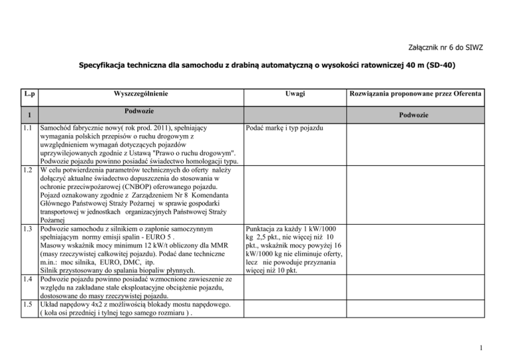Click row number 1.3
[x=26, y=229]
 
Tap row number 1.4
[x=26, y=280]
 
